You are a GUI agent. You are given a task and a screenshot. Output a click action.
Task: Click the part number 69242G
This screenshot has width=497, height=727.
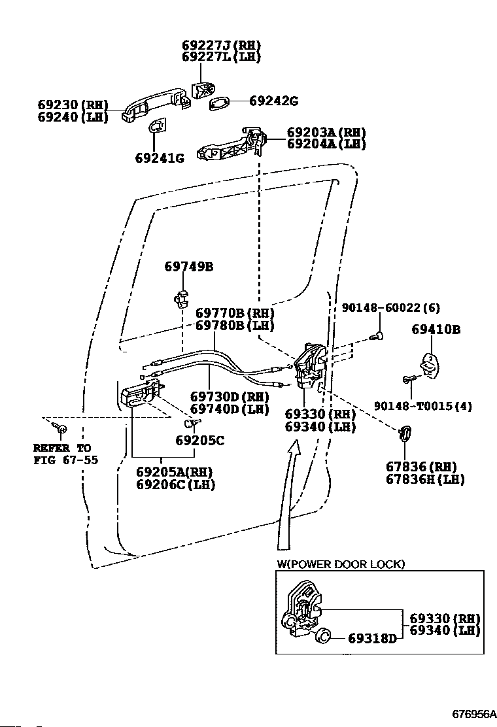click(273, 101)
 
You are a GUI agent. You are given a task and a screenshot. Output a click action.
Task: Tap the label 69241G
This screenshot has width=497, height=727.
click(160, 158)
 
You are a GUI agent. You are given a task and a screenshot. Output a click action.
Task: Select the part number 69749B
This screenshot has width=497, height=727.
click(188, 267)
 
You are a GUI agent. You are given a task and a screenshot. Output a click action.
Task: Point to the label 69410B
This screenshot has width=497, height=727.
click(436, 330)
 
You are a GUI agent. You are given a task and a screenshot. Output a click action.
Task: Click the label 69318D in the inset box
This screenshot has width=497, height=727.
click(371, 638)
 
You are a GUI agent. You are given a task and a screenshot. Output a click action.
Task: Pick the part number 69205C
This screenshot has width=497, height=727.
click(199, 441)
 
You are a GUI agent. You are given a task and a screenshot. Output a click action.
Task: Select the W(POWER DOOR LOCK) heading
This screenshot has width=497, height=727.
click(339, 564)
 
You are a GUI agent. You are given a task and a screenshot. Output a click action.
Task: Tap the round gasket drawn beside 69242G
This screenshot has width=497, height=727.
click(220, 103)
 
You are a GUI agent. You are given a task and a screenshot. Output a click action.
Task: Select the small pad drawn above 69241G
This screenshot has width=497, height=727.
click(158, 127)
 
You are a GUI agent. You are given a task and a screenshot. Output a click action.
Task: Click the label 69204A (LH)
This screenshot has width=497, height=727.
click(317, 144)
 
